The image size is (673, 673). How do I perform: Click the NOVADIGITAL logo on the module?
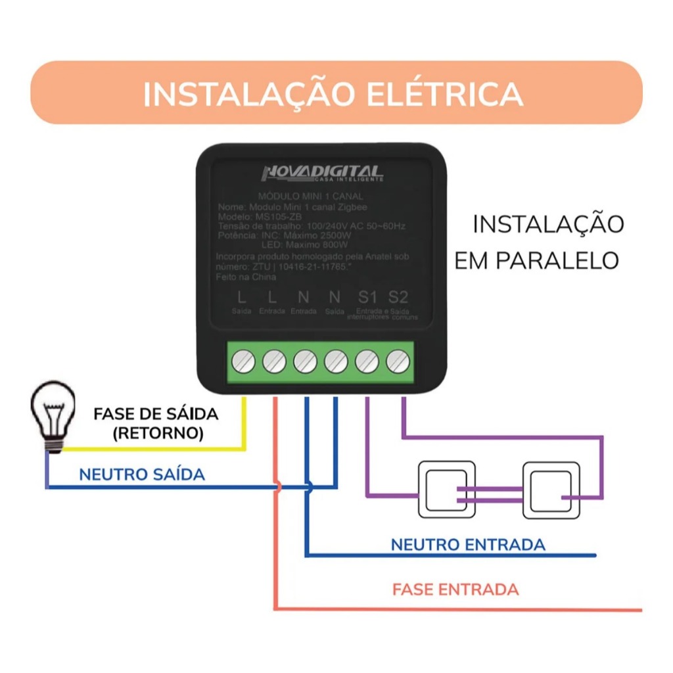pyautogui.click(x=322, y=174)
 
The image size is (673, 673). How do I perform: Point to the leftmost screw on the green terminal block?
pyautogui.click(x=243, y=361)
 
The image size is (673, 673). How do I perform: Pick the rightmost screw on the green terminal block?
pyautogui.click(x=397, y=361)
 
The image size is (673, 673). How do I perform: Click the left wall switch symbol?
pyautogui.click(x=446, y=490)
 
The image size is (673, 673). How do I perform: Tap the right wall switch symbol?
pyautogui.click(x=551, y=490)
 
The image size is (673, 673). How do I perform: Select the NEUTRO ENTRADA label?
pyautogui.click(x=468, y=544)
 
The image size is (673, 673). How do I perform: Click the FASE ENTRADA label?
pyautogui.click(x=455, y=589)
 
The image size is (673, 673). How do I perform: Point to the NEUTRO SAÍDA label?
pyautogui.click(x=141, y=474)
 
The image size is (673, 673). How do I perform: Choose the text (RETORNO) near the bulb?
pyautogui.click(x=158, y=434)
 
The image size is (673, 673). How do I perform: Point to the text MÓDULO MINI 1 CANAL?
pyautogui.click(x=311, y=196)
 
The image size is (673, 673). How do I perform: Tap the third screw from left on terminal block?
pyautogui.click(x=305, y=361)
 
